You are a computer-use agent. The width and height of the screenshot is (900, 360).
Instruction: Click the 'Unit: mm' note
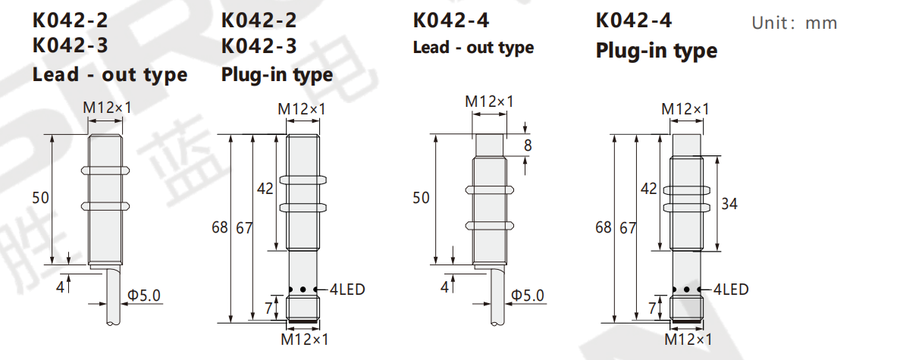click(795, 23)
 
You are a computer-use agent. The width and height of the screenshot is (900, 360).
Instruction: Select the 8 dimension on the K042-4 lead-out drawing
click(528, 146)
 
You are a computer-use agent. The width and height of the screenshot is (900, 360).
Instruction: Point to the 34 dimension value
click(729, 203)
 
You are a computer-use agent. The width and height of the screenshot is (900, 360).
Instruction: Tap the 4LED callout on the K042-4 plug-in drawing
click(731, 290)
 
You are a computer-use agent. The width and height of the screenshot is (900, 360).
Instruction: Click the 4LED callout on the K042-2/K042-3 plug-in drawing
click(347, 290)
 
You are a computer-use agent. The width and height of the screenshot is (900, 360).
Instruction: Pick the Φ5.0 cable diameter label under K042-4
click(528, 296)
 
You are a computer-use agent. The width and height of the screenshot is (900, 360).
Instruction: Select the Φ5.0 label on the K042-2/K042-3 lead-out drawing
click(144, 296)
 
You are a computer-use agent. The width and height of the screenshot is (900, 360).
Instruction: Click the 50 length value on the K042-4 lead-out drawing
click(422, 198)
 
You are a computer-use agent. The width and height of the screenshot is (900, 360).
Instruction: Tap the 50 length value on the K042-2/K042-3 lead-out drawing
click(41, 198)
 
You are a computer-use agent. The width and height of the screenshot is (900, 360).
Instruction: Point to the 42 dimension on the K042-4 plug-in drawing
click(648, 188)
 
